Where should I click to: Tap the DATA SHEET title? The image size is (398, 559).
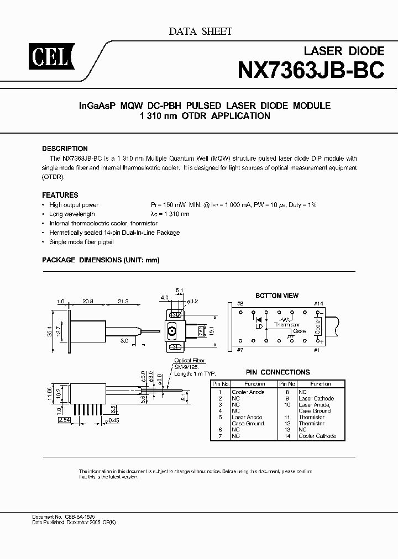pyautogui.click(x=200, y=31)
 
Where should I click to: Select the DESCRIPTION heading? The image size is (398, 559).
pyautogui.click(x=65, y=149)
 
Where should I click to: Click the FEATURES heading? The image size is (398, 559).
pyautogui.click(x=60, y=195)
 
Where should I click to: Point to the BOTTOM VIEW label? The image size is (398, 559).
pyautogui.click(x=276, y=296)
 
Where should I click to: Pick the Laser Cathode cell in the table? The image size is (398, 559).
pyautogui.click(x=316, y=398)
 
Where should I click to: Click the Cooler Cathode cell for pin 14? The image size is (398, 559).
pyautogui.click(x=317, y=436)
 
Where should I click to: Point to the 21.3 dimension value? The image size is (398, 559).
pyautogui.click(x=123, y=301)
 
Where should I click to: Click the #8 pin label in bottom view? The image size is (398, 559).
pyautogui.click(x=240, y=303)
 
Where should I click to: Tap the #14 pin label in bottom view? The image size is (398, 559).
pyautogui.click(x=318, y=303)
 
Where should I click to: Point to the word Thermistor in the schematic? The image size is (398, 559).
pyautogui.click(x=287, y=325)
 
